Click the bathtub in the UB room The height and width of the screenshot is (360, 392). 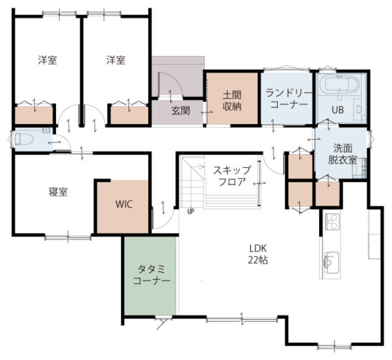[340, 84]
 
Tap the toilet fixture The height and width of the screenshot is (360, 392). [23, 139]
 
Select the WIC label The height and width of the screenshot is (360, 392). [124, 204]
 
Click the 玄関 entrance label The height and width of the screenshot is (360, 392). [181, 111]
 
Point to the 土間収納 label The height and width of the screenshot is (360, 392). [232, 101]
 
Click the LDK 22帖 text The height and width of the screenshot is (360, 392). [258, 254]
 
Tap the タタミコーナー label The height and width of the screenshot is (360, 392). [152, 275]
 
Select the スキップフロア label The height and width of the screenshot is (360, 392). [232, 176]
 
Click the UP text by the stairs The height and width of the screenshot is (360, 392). [191, 212]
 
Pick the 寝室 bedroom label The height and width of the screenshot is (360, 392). [58, 192]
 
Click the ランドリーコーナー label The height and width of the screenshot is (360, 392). [289, 99]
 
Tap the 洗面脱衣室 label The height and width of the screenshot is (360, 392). [342, 154]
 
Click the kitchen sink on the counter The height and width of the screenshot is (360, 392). [332, 262]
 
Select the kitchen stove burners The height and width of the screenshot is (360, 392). [332, 221]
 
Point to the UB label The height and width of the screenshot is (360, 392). [337, 110]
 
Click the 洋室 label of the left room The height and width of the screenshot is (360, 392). [47, 60]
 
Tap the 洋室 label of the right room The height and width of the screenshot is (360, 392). [116, 60]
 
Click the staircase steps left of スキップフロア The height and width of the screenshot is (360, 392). [193, 183]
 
